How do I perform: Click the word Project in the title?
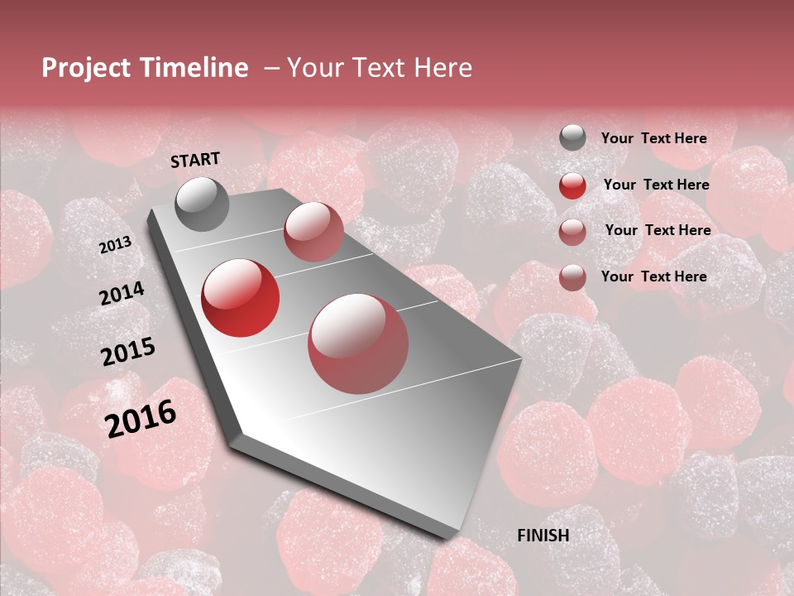click(86, 68)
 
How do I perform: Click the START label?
click(195, 160)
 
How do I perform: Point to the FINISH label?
click(543, 536)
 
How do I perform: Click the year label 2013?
click(115, 245)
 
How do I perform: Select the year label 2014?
click(122, 293)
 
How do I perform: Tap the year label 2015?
click(128, 352)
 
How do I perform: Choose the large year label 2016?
click(141, 419)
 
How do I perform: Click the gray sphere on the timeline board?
click(202, 204)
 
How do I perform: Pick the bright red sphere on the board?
click(241, 298)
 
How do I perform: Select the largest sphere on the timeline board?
click(358, 344)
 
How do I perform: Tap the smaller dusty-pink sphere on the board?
click(313, 231)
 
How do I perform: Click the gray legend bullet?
click(572, 138)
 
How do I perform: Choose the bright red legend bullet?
click(572, 185)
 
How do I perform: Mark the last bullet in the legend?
click(572, 277)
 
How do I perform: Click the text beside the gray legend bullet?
click(653, 138)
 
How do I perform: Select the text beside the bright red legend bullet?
click(656, 185)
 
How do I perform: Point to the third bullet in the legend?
click(572, 231)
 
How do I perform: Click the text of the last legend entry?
click(653, 276)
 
